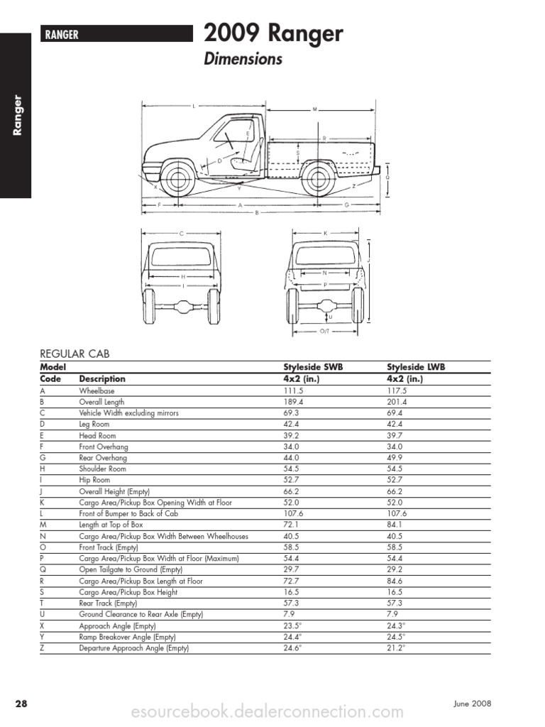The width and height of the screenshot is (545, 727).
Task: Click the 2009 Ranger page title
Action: click(x=273, y=33)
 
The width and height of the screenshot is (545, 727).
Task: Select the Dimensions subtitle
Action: click(x=243, y=59)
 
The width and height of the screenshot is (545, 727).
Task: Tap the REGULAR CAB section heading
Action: click(x=75, y=354)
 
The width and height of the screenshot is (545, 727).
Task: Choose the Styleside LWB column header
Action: click(x=416, y=367)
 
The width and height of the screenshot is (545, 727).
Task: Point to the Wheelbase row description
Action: click(x=97, y=390)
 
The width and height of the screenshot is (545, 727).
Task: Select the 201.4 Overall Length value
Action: click(x=397, y=402)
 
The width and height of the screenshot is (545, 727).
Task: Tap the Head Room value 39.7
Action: click(x=395, y=435)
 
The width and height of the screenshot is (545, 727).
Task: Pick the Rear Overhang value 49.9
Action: click(x=395, y=458)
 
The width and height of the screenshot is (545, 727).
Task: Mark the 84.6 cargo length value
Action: click(x=395, y=581)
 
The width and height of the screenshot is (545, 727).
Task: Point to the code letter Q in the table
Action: click(x=43, y=569)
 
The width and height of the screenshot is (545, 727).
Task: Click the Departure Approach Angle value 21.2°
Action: click(x=396, y=648)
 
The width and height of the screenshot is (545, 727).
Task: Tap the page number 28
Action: click(x=21, y=704)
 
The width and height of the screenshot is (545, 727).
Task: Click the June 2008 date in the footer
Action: click(x=471, y=704)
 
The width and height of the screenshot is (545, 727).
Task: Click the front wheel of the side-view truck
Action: click(x=179, y=179)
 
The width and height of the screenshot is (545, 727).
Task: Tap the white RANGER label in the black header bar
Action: click(x=62, y=34)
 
